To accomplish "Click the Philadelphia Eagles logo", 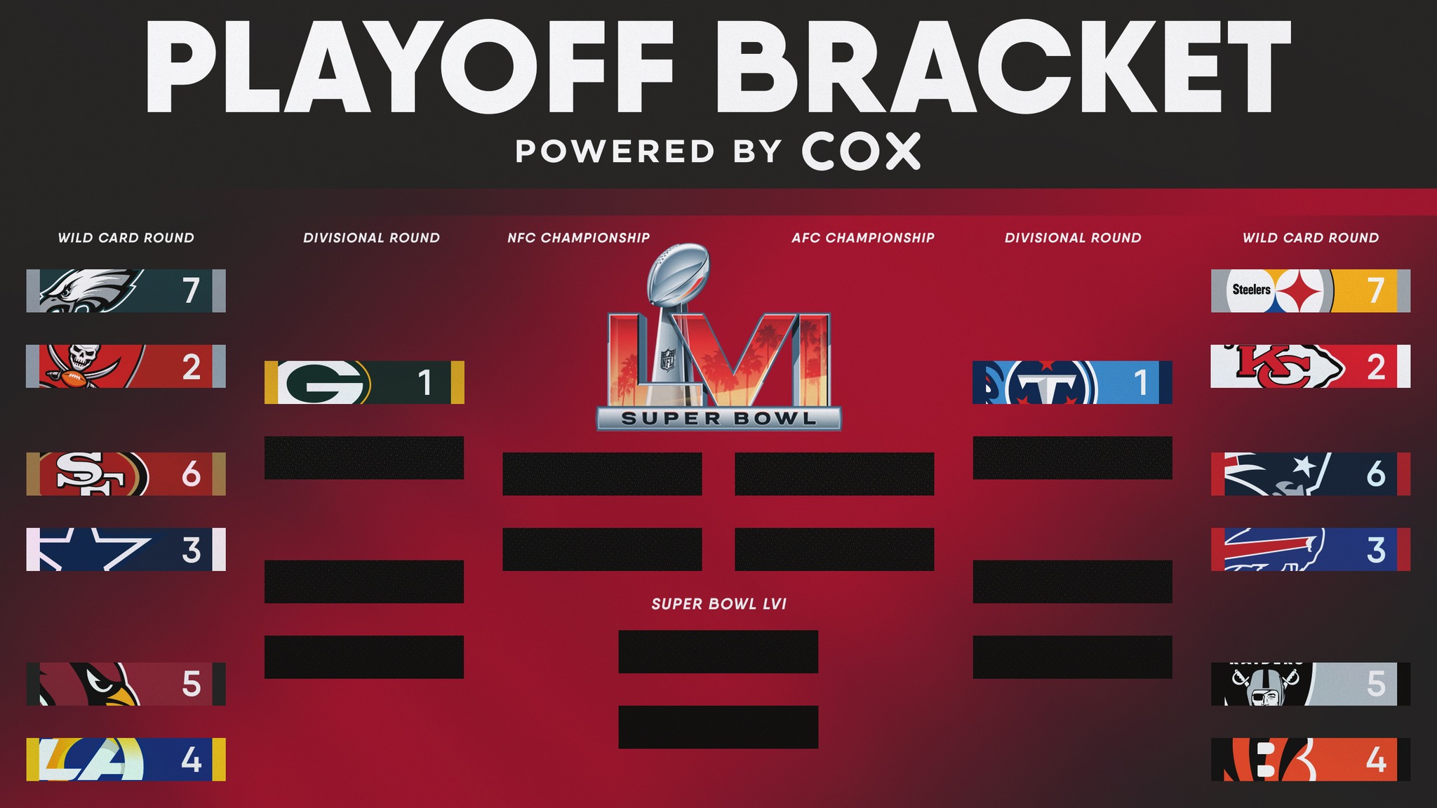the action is point(91,290).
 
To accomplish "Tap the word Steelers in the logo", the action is point(1252,290).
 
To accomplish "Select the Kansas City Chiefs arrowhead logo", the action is point(1283,366).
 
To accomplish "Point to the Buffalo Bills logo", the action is point(1274,549).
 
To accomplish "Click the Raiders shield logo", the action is point(1265,684).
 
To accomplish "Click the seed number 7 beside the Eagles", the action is point(191,290).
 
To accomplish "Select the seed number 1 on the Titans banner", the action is point(1141,383).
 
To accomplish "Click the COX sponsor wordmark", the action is point(861,151).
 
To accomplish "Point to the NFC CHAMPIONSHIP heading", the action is point(579,238).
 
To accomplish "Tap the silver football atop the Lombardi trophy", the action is point(678,273).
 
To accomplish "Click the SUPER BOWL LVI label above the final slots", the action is point(719,604).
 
